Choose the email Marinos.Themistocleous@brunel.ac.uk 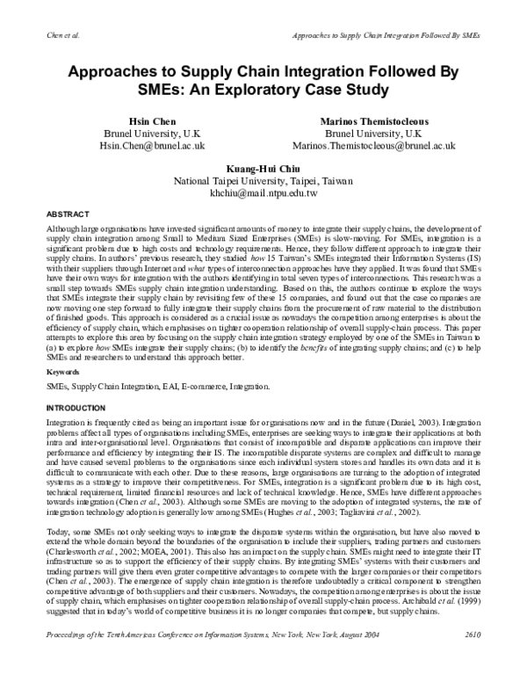click(381, 146)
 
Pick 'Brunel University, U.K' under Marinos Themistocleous click(381, 132)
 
